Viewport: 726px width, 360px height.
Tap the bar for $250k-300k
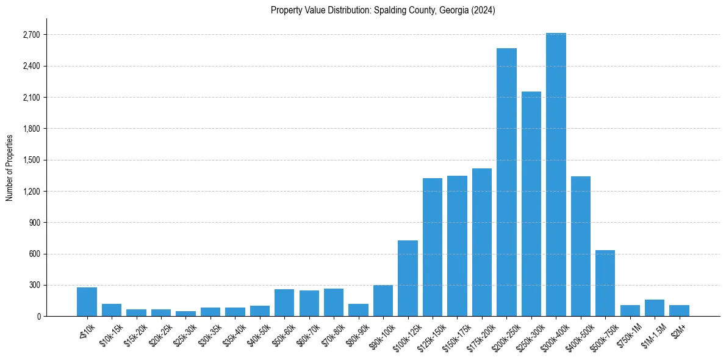[x=531, y=204]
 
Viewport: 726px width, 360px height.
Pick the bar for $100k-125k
[x=408, y=278]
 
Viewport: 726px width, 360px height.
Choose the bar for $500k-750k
[x=605, y=283]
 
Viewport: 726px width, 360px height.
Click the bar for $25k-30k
[x=185, y=314]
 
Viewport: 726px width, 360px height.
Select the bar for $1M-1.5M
[x=655, y=308]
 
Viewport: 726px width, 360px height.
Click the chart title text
[x=383, y=10]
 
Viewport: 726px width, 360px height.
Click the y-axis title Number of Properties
[x=9, y=167]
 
